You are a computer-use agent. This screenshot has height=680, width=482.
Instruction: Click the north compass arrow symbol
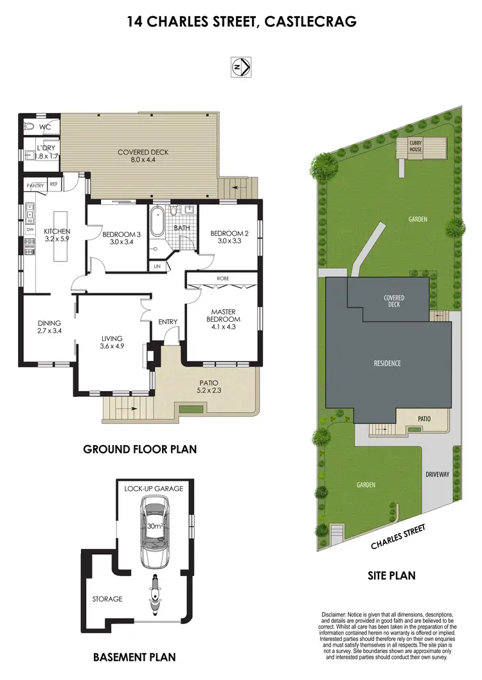tap(240, 65)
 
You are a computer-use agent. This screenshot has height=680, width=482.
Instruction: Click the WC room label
tap(44, 127)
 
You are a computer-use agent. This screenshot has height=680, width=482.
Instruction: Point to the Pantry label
tap(35, 186)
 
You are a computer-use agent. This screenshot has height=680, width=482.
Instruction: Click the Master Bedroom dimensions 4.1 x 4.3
tap(223, 327)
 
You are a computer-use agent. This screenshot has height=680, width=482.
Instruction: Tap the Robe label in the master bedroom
tap(223, 279)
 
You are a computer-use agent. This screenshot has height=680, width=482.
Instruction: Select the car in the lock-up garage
tap(154, 528)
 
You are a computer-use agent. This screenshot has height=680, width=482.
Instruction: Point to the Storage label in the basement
tap(107, 599)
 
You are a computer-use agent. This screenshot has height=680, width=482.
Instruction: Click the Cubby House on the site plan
tap(416, 146)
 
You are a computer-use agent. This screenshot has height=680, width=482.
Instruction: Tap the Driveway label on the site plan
tap(438, 475)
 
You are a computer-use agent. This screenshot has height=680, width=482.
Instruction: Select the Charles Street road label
tap(398, 537)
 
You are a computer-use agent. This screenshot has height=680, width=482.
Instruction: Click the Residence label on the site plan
tap(387, 363)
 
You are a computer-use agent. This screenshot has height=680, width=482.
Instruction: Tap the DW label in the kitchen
tap(30, 228)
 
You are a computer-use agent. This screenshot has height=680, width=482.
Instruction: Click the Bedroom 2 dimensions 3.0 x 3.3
tap(229, 241)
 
